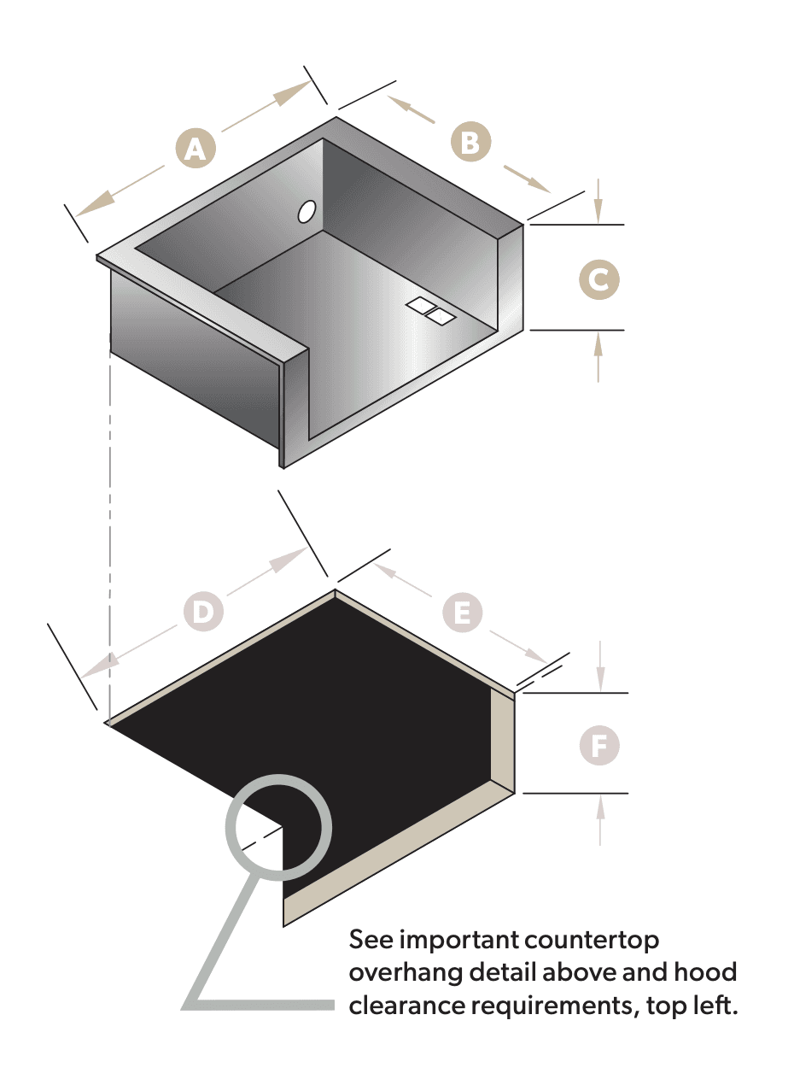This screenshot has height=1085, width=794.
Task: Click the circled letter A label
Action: pyautogui.click(x=196, y=148)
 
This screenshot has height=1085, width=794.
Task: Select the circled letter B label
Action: pyautogui.click(x=470, y=142)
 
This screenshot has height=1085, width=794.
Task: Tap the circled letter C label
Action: pyautogui.click(x=598, y=279)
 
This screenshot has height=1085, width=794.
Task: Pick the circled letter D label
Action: pyautogui.click(x=203, y=611)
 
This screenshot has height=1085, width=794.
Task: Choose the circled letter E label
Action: pyautogui.click(x=463, y=612)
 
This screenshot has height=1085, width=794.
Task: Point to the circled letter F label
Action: pyautogui.click(x=599, y=745)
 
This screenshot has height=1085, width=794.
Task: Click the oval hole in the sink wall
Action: pyautogui.click(x=307, y=212)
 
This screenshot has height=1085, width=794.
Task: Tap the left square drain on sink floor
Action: pyautogui.click(x=420, y=305)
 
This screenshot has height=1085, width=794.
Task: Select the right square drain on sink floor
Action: pyautogui.click(x=441, y=316)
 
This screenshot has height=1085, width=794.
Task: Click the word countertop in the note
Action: pyautogui.click(x=591, y=941)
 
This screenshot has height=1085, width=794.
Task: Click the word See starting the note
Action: pyautogui.click(x=371, y=940)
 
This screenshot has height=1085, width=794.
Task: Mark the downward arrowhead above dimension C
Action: pyautogui.click(x=598, y=211)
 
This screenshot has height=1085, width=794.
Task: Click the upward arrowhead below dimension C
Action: pyautogui.click(x=598, y=344)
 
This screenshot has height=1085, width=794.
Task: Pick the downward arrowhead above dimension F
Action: pyautogui.click(x=600, y=679)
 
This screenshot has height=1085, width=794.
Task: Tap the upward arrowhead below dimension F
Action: pyautogui.click(x=600, y=808)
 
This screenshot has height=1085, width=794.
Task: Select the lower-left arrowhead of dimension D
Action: pyautogui.click(x=99, y=666)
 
